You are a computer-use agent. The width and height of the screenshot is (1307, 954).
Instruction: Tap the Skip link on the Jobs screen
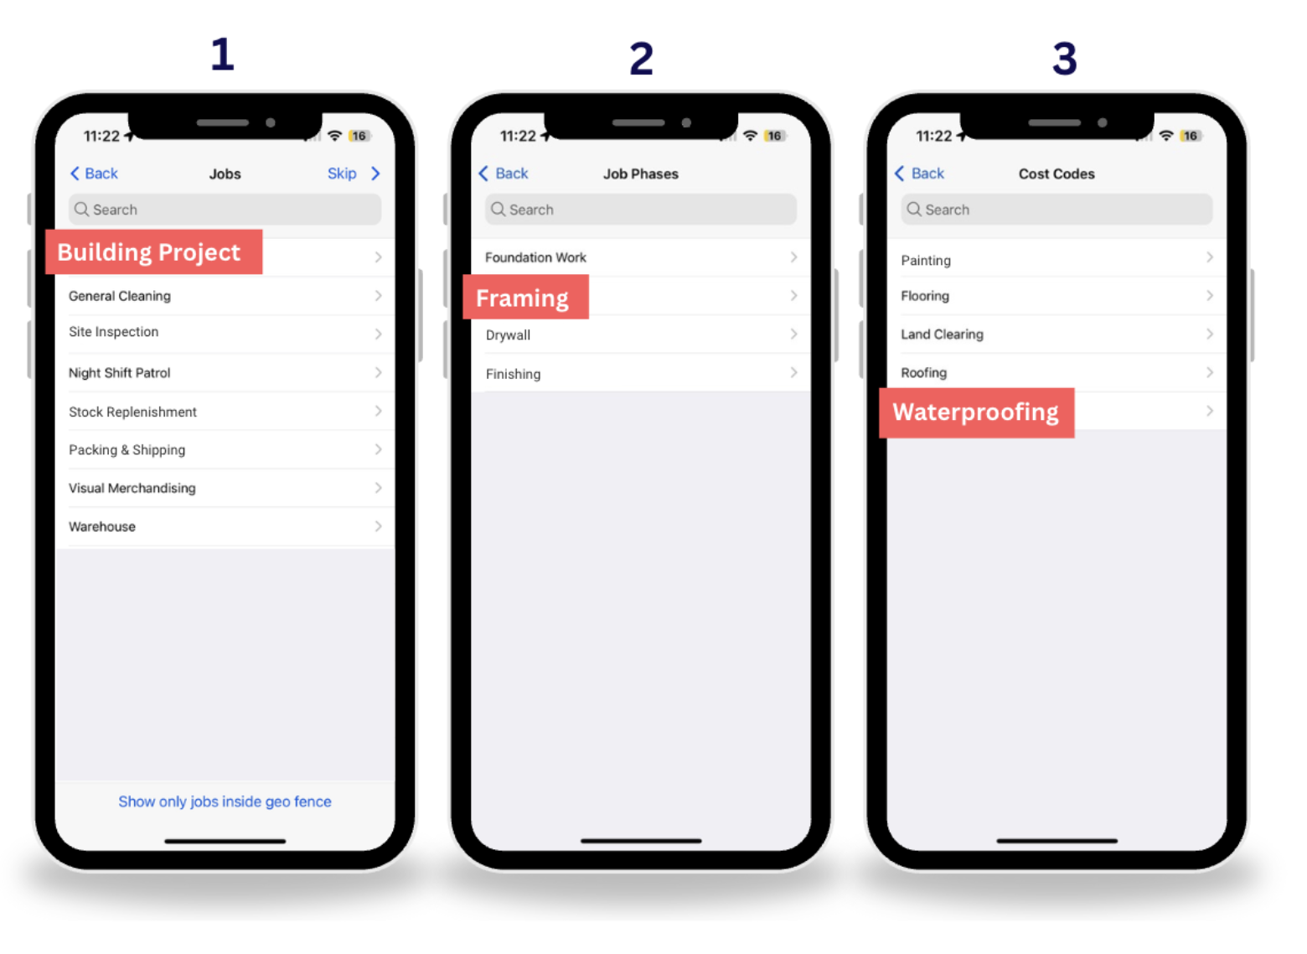(342, 174)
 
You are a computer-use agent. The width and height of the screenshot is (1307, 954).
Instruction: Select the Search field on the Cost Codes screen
(1056, 210)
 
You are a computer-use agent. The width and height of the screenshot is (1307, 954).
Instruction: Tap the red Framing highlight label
(524, 298)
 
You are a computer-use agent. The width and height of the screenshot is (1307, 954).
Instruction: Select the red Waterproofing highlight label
(976, 412)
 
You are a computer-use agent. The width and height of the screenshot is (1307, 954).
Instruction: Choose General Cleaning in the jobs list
(120, 296)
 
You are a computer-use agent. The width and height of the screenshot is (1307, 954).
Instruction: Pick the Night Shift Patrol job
(120, 373)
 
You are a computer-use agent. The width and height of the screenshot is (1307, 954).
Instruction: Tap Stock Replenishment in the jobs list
(132, 412)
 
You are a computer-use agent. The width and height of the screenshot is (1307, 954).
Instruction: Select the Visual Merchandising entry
(132, 488)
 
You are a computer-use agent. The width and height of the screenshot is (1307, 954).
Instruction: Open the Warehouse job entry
(102, 526)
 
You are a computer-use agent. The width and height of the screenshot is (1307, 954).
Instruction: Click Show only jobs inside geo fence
(225, 801)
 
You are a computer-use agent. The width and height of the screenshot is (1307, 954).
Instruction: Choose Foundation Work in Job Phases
(535, 257)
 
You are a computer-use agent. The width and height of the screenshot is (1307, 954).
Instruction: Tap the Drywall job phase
(508, 335)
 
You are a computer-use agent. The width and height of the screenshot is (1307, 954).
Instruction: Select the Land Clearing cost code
(942, 334)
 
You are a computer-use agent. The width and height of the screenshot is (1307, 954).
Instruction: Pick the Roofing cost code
(923, 373)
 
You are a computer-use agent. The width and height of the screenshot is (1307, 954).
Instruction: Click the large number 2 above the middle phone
(641, 59)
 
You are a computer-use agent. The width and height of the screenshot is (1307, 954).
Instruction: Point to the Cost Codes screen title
(1056, 174)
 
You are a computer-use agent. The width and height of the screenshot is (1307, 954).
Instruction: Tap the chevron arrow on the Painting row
(1209, 257)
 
